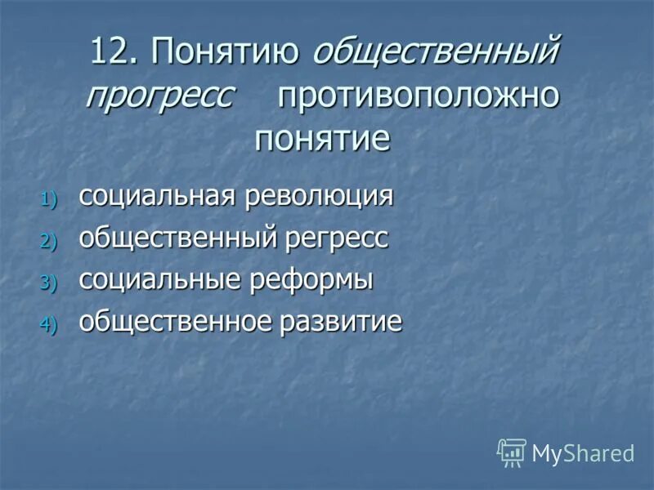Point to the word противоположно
point(419,96)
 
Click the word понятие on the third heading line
point(322,137)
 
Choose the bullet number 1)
point(50,198)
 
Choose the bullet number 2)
point(50,241)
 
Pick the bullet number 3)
point(50,283)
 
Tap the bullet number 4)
point(50,324)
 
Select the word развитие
point(343,322)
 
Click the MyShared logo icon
point(512,452)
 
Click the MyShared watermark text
point(583,453)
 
